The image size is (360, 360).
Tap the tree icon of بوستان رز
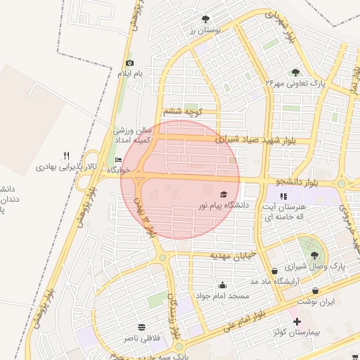point(205,20)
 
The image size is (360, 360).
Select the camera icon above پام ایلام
point(129,63)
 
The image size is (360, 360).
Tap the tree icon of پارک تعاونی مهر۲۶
point(295,72)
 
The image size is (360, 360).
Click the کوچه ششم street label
point(183,112)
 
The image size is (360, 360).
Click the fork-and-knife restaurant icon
point(67,155)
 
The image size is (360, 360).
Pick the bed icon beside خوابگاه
point(118,160)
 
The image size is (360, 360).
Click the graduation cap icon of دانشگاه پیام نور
point(224,194)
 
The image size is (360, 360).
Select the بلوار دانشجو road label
point(289,181)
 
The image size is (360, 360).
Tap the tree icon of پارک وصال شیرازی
point(314,255)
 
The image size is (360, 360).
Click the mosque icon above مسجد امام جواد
point(222,285)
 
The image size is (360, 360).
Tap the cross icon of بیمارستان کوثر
point(286,321)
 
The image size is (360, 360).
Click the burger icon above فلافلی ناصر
point(142,327)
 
